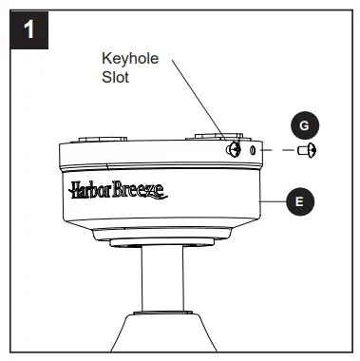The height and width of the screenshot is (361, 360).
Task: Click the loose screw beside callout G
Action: [306, 150]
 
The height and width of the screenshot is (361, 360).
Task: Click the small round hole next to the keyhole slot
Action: [252, 150]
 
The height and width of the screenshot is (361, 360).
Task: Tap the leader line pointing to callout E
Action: [273, 199]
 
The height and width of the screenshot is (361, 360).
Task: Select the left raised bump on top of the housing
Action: [95, 139]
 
